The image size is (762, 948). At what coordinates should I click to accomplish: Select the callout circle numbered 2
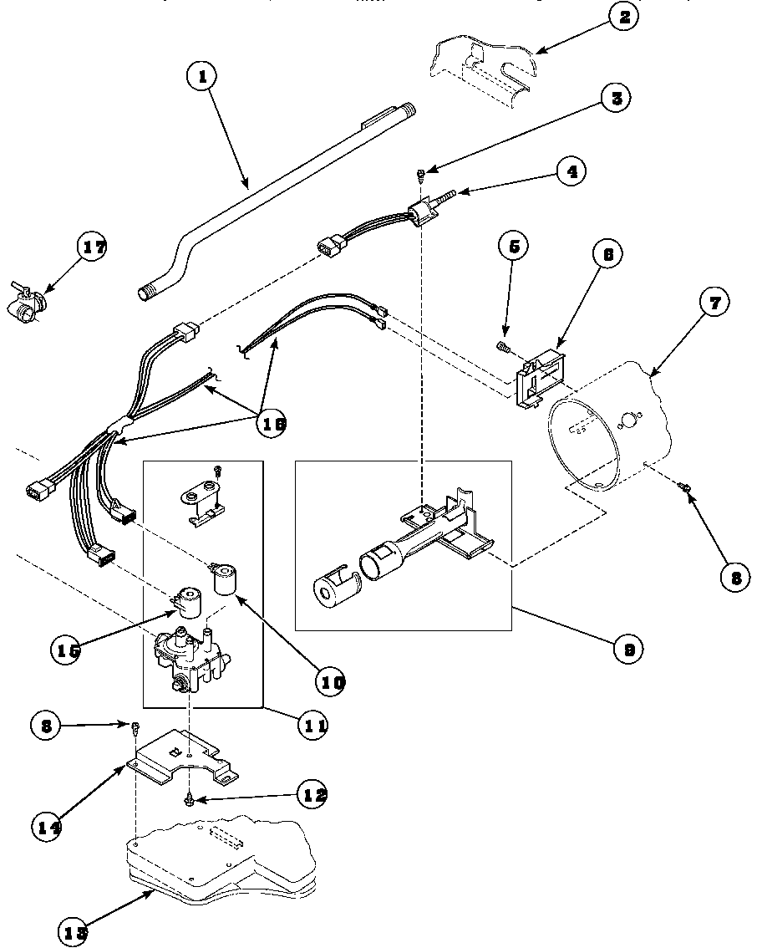(622, 17)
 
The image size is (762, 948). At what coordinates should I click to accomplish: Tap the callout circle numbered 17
(92, 247)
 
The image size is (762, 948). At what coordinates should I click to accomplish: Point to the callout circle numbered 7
(714, 302)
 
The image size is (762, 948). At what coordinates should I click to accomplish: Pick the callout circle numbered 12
(312, 795)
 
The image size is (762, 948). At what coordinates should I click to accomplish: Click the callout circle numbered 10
(331, 681)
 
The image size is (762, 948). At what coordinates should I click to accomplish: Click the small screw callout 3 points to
(422, 173)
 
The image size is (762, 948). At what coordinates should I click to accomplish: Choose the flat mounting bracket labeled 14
(180, 756)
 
